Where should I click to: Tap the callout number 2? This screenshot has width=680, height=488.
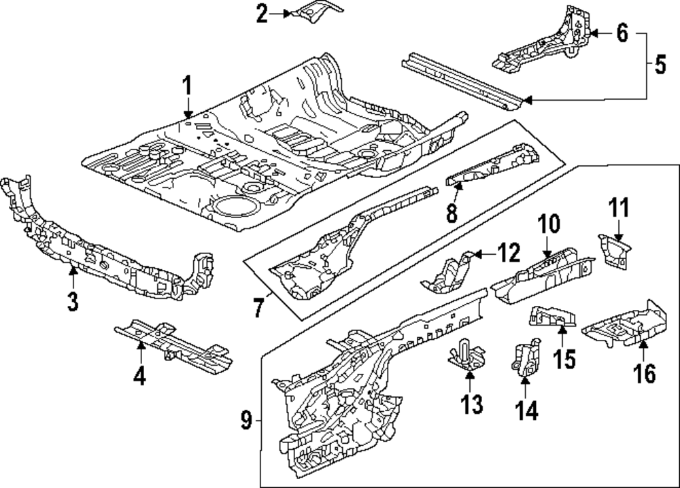262,14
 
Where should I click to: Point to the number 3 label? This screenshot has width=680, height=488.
73,300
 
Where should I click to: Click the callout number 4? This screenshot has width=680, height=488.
139,374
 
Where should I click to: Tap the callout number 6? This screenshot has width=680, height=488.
622,33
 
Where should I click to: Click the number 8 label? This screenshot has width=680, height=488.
452,213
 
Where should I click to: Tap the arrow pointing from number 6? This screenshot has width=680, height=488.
599,33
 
